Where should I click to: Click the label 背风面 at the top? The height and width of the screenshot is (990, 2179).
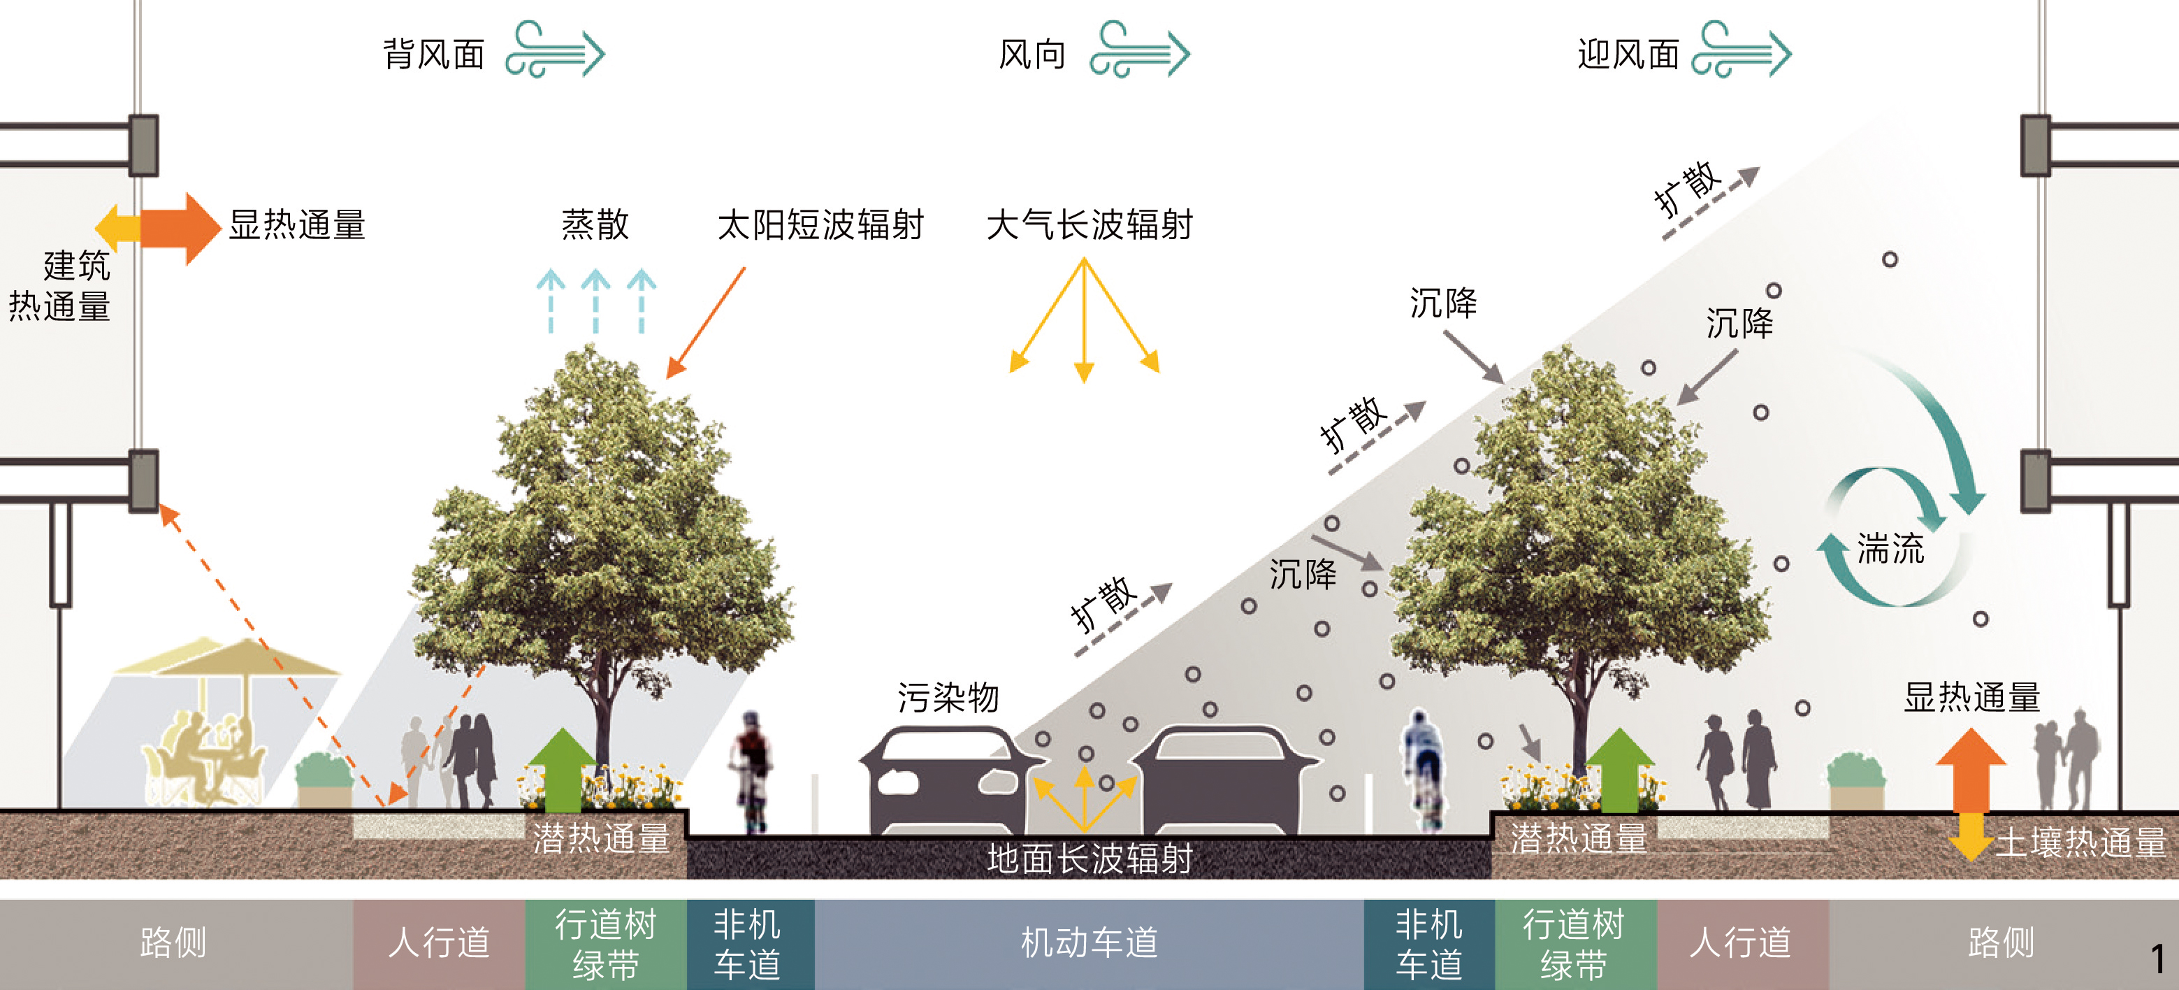(x=434, y=54)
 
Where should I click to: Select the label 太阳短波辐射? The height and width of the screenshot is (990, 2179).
(x=820, y=225)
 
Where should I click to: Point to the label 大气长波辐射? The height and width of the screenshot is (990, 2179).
(x=1089, y=225)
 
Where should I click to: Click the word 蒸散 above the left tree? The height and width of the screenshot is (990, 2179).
(x=595, y=225)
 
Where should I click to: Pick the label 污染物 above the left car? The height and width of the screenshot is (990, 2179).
(x=948, y=698)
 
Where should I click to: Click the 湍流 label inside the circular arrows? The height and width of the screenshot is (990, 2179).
(x=1890, y=548)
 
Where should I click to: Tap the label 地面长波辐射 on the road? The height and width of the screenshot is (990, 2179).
(x=1089, y=859)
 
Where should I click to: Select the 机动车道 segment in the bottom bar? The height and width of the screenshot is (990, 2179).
(x=1089, y=942)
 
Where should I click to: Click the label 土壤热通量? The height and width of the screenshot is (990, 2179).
(x=2081, y=842)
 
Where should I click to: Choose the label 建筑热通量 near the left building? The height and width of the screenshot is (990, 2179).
(x=61, y=286)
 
